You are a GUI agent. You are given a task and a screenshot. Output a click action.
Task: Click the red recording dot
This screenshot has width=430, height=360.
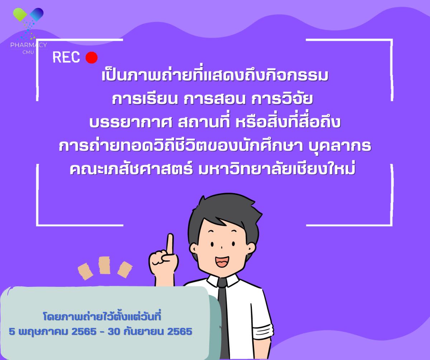[x=92, y=58]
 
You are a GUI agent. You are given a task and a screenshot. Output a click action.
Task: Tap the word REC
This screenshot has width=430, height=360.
[x=66, y=57]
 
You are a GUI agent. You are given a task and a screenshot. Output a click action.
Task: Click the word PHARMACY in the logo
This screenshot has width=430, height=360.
[x=29, y=45]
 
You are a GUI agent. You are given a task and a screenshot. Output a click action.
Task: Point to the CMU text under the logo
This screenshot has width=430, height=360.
[x=28, y=52]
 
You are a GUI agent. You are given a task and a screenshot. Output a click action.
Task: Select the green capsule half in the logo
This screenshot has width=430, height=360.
[x=20, y=14]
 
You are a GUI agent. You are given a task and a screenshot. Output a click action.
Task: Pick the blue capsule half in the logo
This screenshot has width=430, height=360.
[x=37, y=14]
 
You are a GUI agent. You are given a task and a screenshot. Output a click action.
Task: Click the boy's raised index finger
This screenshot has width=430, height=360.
[x=170, y=244]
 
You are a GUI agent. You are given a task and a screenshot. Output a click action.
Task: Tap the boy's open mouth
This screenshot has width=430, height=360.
[x=222, y=261]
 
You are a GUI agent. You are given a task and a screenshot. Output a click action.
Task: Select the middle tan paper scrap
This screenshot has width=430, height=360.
[x=104, y=265]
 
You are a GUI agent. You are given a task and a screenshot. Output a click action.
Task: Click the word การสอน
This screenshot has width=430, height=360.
[x=215, y=99]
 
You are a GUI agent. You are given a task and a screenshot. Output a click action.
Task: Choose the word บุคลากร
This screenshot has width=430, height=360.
[x=340, y=147]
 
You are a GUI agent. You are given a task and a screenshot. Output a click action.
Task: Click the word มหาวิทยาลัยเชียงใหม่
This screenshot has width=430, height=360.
[x=277, y=169]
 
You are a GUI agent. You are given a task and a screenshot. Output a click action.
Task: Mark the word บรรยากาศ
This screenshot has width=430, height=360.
[x=131, y=123]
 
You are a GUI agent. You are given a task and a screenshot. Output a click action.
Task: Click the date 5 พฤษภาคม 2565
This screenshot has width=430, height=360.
[x=53, y=332]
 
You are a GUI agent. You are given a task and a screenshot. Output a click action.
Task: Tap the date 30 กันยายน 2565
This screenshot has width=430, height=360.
[x=150, y=331]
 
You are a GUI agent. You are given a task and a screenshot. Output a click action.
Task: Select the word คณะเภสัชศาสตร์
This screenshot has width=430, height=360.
[x=131, y=170]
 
